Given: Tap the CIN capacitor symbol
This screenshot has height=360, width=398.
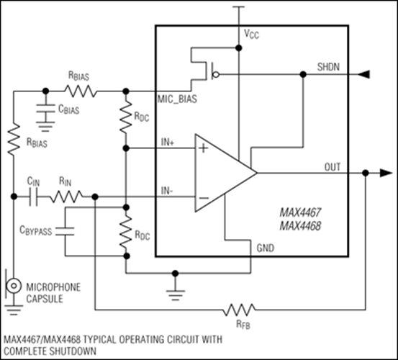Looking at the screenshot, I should tap(32, 195).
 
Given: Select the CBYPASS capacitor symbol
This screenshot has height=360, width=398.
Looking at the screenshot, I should tap(64, 233).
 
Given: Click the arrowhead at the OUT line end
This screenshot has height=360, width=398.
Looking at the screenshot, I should tap(383, 173).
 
